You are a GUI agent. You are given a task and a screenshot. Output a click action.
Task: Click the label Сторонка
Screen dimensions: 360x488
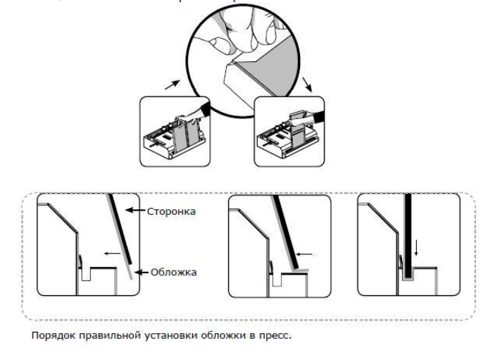172,210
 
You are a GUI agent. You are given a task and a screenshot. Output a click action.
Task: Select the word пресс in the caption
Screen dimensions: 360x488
275,334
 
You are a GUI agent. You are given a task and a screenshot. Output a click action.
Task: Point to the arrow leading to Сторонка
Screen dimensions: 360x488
135,210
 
